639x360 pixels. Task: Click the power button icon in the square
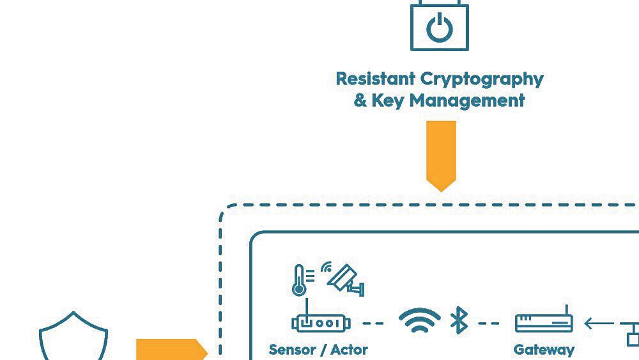440,28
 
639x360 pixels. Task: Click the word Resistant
375,79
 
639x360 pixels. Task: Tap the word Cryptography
482,79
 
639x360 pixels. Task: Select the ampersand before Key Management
360,100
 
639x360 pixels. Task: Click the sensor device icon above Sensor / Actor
321,323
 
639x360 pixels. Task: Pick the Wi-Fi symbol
420,320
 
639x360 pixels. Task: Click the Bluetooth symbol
459,321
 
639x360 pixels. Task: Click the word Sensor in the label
293,350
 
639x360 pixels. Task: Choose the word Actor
349,350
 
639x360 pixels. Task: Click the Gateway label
544,350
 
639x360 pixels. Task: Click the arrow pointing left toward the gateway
597,324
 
